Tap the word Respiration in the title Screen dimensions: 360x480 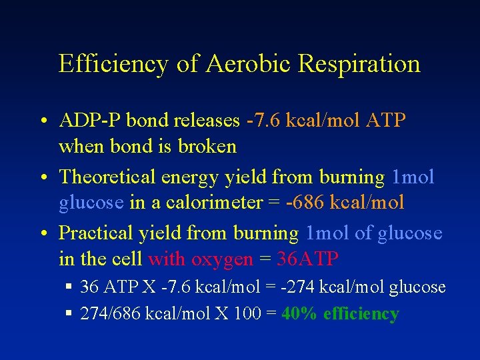pyautogui.click(x=359, y=64)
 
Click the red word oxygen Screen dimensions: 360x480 pyautogui.click(x=222, y=258)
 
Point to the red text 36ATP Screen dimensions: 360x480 pyautogui.click(x=307, y=258)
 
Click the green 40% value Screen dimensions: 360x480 pyautogui.click(x=299, y=313)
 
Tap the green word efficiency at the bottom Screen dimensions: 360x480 pyautogui.click(x=361, y=313)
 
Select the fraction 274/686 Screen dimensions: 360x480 pyautogui.click(x=111, y=313)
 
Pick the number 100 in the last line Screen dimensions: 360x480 pyautogui.click(x=246, y=313)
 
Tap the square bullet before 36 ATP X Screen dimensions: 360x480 pyautogui.click(x=69, y=287)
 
